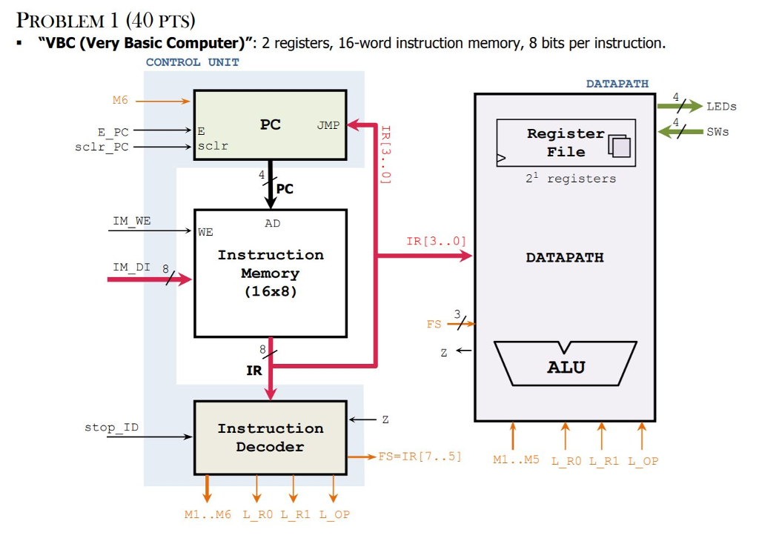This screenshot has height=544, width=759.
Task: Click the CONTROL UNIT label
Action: coord(192,62)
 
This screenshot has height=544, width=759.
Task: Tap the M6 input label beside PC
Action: coord(120,100)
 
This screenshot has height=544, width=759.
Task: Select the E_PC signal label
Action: coord(113,132)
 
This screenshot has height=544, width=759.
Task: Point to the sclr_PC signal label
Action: coord(102,146)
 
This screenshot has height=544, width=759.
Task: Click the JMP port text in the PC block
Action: coord(328,125)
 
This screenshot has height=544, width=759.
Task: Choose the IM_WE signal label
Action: coord(131,221)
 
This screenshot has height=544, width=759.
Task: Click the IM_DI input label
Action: coord(131,267)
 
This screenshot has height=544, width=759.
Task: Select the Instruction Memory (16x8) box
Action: coord(270,273)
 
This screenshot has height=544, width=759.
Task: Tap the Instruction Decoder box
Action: coord(270,437)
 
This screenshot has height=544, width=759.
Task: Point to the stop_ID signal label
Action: coord(111,428)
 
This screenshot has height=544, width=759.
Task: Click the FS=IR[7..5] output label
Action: coord(420,457)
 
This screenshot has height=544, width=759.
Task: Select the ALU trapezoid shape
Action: coord(566,365)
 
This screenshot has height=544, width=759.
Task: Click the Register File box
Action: coord(566,142)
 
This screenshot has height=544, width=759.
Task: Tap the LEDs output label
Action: coord(721,106)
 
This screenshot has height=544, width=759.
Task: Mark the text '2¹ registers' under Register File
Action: coord(571,179)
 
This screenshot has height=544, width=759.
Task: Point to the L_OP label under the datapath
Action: coord(643,461)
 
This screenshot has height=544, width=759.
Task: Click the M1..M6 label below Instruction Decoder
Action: coord(208,514)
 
